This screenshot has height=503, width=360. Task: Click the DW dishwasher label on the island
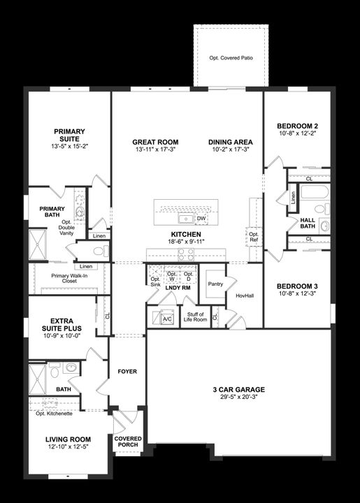point(201,219)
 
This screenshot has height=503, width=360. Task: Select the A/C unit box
point(167,319)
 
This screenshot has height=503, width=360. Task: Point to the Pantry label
point(215,284)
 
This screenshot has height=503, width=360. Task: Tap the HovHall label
point(245,296)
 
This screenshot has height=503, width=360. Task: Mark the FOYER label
point(127,372)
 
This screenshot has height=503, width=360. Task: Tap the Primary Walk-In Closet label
point(69,279)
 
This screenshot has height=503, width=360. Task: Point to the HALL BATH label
point(308,222)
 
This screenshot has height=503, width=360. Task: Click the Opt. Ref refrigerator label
point(254,236)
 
